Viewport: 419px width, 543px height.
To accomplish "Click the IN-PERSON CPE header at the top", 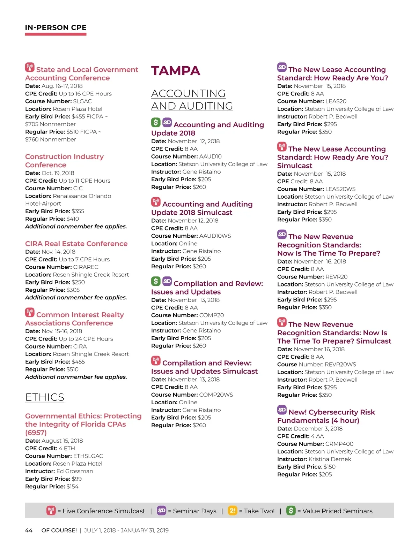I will (x=56, y=28).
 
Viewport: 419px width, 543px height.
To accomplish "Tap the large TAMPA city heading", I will (x=176, y=71).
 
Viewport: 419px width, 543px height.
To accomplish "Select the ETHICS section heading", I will (x=45, y=397).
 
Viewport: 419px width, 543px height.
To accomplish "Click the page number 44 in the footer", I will (x=29, y=530).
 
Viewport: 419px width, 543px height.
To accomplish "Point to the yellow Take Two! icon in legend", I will (x=232, y=511).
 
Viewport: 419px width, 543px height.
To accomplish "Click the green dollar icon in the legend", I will (x=291, y=511).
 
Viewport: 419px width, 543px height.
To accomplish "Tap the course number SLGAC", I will (x=82, y=101).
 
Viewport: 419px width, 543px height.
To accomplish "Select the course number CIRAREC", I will (x=86, y=267).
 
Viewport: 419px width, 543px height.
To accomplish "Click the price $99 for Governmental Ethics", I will (x=76, y=479).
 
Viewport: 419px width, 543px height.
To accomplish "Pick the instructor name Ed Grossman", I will (x=75, y=471).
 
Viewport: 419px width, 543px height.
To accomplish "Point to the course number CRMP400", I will (x=339, y=444).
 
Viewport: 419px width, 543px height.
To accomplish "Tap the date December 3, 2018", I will (x=318, y=429).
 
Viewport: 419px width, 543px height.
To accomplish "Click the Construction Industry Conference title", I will (x=64, y=161).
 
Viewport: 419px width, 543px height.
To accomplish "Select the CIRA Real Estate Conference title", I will (x=76, y=244).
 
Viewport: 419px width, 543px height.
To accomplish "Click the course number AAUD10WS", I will (x=215, y=236).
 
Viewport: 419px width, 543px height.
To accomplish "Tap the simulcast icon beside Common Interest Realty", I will (x=30, y=312).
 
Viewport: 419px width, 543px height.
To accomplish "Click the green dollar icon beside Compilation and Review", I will (x=156, y=281).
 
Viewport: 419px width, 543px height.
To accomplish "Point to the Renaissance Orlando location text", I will (x=82, y=196).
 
